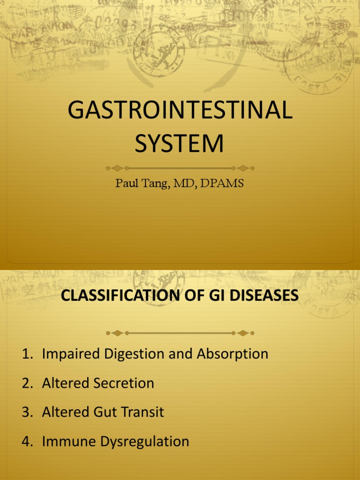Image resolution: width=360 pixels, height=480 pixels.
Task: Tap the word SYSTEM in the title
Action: pos(180,143)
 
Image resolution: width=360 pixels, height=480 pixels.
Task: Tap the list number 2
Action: pos(26,383)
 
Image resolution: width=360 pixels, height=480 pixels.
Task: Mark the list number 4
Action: pos(26,442)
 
